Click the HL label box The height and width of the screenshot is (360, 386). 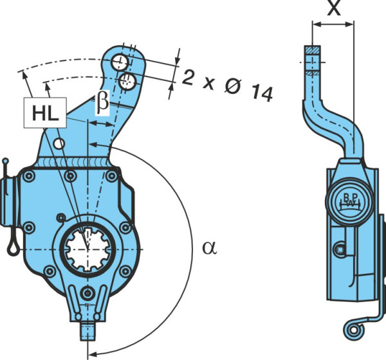point(45,113)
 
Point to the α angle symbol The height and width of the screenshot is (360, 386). point(210,248)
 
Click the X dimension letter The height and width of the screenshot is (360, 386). point(334,7)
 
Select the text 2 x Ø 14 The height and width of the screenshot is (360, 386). point(228,85)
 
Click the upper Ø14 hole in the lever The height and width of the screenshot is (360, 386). point(119,62)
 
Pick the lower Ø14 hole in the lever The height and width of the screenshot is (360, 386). point(127,81)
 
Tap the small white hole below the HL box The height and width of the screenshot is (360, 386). point(59,144)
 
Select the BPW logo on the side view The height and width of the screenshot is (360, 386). point(349,202)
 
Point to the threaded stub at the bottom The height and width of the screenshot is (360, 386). point(88,331)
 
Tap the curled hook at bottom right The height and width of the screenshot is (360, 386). point(353,330)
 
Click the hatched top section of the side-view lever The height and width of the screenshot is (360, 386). point(313,50)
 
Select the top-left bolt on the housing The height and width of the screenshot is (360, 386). point(29,176)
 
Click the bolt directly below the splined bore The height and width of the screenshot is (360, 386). point(87,293)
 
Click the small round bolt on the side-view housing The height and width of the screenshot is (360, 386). point(340,250)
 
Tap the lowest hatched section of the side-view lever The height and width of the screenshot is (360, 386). point(313,73)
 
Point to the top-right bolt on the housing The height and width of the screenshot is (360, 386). point(111,176)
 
